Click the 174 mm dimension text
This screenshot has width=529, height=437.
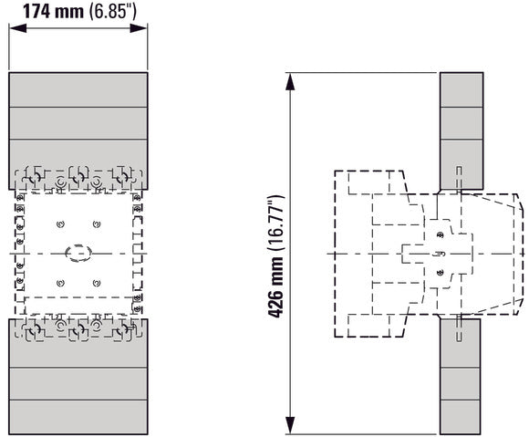click(x=53, y=11)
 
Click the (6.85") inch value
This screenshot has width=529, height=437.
click(x=113, y=11)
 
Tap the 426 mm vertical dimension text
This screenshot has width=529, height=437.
click(x=275, y=287)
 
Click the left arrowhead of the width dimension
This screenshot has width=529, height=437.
click(x=17, y=28)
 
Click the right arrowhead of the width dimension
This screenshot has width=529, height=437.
click(x=139, y=28)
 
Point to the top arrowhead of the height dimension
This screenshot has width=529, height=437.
click(x=290, y=82)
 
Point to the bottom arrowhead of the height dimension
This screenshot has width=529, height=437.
click(x=290, y=425)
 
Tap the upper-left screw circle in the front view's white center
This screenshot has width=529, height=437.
click(x=61, y=224)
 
